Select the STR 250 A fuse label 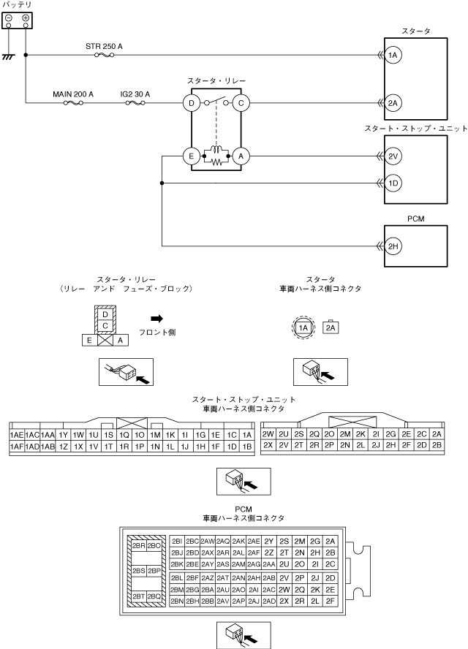pyautogui.click(x=104, y=46)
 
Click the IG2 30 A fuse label pyautogui.click(x=135, y=94)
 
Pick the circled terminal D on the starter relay pyautogui.click(x=192, y=103)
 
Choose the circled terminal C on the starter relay pyautogui.click(x=240, y=103)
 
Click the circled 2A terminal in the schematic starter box pyautogui.click(x=393, y=103)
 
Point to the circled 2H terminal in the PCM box pyautogui.click(x=393, y=247)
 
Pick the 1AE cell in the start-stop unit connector pyautogui.click(x=16, y=435)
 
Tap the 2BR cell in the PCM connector pyautogui.click(x=137, y=545)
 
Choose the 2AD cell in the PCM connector pyautogui.click(x=269, y=601)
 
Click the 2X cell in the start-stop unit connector pyautogui.click(x=268, y=445)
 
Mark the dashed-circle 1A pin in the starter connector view pyautogui.click(x=304, y=329)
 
